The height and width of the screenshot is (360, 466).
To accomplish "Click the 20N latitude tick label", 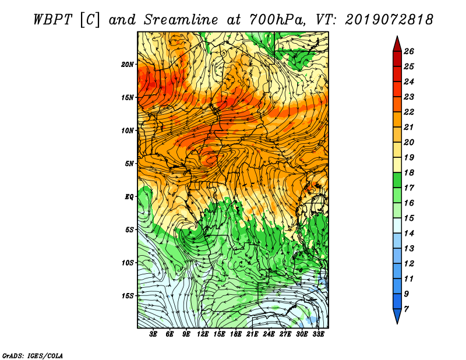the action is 128,65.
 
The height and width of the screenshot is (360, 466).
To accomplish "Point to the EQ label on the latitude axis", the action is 129,197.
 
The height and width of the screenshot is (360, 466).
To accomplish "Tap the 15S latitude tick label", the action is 128,296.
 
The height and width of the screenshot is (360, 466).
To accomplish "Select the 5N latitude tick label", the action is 129,164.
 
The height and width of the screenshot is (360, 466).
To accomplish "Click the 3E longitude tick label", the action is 153,334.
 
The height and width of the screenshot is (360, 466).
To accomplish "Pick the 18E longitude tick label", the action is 236,334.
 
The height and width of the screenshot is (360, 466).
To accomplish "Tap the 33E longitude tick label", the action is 318,334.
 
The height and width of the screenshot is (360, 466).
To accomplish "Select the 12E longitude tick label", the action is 203,334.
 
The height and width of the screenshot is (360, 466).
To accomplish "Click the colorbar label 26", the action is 409,51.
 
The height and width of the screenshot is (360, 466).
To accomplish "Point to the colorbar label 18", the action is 409,172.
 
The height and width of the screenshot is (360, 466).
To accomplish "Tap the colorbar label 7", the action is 407,309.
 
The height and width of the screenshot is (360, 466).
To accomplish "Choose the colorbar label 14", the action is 409,234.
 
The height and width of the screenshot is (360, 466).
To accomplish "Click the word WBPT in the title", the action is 53,20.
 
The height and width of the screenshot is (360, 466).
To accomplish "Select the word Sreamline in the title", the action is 181,20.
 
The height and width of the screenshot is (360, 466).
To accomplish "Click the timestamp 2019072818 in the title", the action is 389,20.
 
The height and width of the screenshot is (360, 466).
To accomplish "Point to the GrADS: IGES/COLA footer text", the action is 33,356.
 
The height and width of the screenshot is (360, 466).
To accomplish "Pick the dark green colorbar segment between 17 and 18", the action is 397,180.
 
